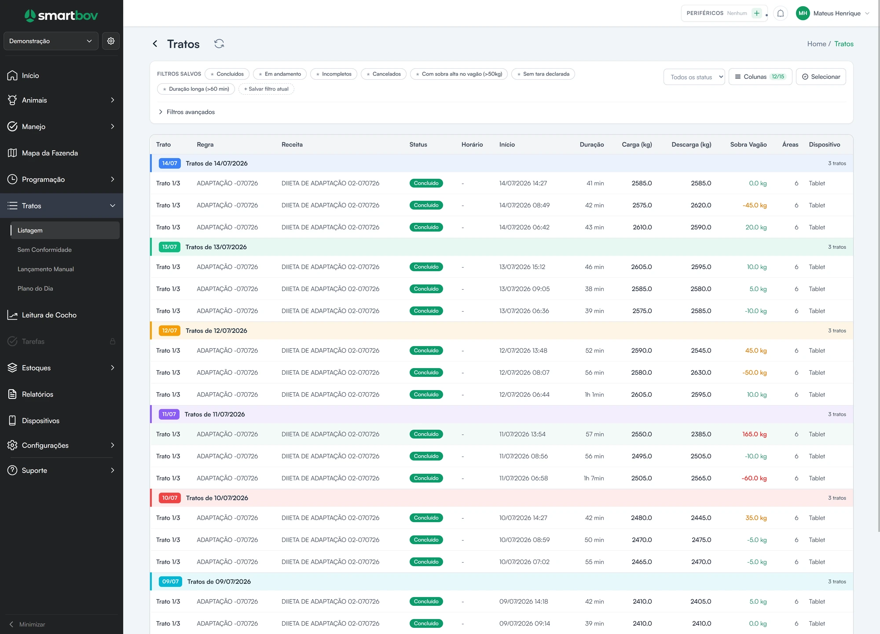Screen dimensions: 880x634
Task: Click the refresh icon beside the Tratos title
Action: click(219, 44)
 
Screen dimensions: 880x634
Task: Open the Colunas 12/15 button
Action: click(760, 77)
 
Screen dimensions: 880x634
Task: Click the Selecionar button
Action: click(821, 77)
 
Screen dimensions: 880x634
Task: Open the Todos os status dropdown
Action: click(694, 77)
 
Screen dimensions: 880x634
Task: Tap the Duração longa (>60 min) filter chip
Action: click(196, 89)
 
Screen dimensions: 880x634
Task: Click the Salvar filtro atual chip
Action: click(266, 89)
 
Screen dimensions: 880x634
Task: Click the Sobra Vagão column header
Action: click(748, 144)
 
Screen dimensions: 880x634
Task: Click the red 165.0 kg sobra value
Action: click(754, 434)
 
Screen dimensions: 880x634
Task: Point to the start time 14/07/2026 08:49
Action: click(524, 205)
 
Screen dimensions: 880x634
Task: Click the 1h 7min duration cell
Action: click(594, 478)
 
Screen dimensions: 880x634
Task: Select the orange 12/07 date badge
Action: click(169, 331)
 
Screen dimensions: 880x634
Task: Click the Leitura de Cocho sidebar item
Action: click(49, 315)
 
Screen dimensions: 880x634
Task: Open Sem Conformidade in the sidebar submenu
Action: click(44, 250)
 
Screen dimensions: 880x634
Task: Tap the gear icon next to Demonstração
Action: click(111, 41)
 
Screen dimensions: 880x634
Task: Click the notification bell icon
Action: click(780, 13)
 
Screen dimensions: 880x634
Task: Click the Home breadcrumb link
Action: click(817, 44)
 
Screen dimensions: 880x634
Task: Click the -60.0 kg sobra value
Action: click(754, 478)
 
